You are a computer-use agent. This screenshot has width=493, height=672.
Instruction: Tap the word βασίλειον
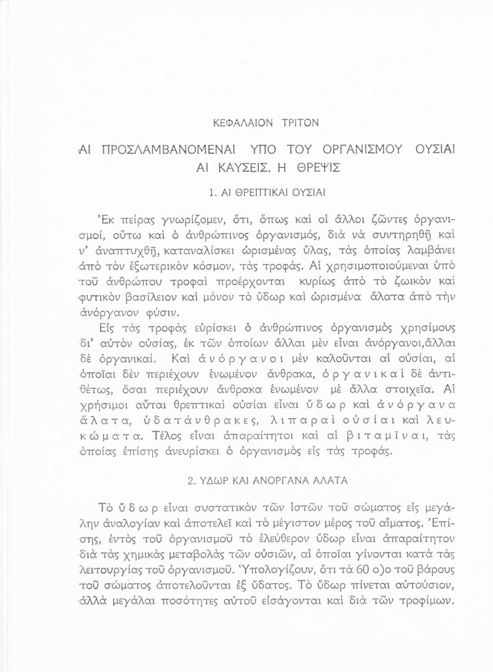click(x=143, y=296)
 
